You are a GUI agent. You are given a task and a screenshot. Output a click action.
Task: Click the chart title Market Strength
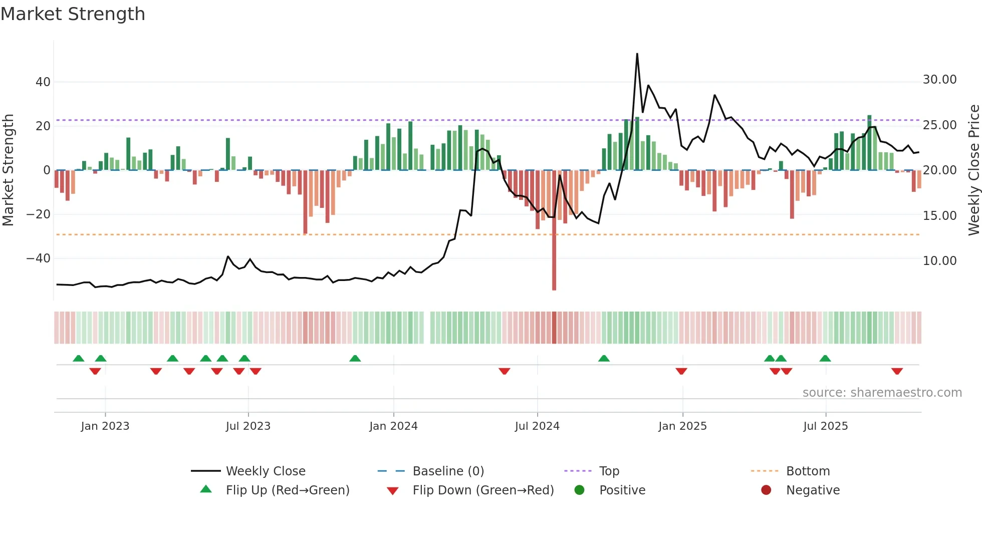[x=73, y=14]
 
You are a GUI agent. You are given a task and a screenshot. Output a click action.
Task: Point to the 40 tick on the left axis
[x=43, y=82]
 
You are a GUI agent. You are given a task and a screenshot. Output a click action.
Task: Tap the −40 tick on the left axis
[x=39, y=258]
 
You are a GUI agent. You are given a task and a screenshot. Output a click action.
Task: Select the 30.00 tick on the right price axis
[x=939, y=80]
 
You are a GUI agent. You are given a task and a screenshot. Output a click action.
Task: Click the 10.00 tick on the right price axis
[x=939, y=261]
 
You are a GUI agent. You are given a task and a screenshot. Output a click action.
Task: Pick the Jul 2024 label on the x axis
[x=537, y=426]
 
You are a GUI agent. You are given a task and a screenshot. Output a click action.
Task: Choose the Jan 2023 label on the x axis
[x=105, y=426]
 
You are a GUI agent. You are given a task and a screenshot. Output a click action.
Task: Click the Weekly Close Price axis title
[x=973, y=170]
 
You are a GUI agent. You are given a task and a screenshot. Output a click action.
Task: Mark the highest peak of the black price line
[x=637, y=54]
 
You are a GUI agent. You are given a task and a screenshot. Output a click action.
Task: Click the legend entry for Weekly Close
[x=265, y=471]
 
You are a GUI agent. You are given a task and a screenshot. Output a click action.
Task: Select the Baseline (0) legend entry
[x=448, y=471]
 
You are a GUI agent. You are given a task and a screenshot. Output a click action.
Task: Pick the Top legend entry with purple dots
[x=609, y=471]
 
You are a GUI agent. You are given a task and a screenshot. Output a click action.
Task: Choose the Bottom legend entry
[x=808, y=471]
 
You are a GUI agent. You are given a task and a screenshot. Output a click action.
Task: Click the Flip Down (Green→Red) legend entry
[x=482, y=490]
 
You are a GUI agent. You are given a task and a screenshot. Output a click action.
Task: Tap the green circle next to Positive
[x=580, y=490]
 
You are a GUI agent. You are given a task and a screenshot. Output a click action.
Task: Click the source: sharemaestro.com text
[x=882, y=393]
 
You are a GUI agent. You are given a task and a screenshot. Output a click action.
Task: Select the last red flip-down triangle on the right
[x=897, y=371]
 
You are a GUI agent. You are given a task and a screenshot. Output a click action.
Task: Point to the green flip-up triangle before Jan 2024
[x=355, y=358]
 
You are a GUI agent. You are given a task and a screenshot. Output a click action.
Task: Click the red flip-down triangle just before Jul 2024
[x=505, y=371]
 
